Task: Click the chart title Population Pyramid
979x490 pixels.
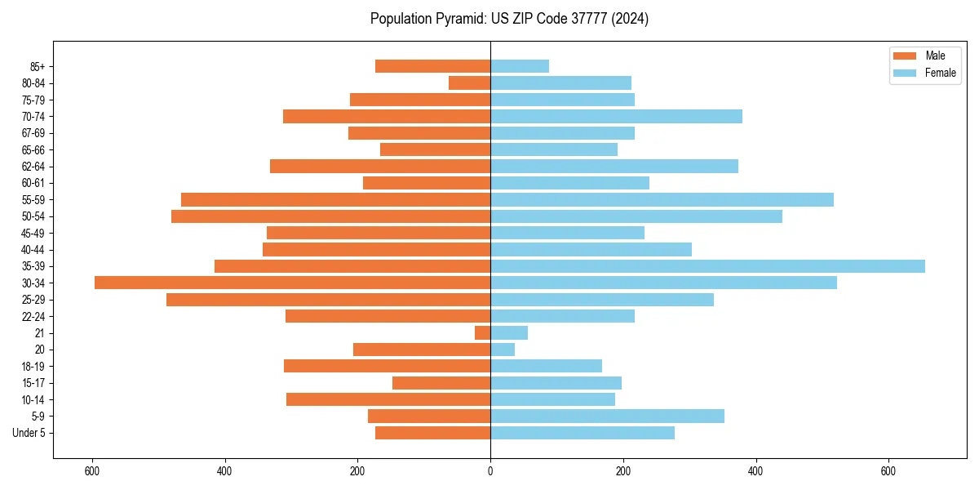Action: (509, 19)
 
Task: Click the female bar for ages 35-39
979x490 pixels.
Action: (707, 266)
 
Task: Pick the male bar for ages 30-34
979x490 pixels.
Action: (292, 283)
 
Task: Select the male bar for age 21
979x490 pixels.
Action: (482, 332)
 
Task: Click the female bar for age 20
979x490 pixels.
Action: (503, 350)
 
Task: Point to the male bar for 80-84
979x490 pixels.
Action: (469, 82)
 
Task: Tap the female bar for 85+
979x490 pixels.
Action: (520, 66)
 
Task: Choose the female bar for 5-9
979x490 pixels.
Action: (607, 416)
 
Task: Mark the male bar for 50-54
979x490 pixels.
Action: (330, 216)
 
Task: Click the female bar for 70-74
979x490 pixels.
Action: (616, 116)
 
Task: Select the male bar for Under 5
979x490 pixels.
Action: (432, 433)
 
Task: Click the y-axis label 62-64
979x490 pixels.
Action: (33, 167)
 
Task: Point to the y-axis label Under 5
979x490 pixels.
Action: (29, 433)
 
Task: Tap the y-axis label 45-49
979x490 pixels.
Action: (33, 233)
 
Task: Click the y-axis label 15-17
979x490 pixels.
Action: (33, 383)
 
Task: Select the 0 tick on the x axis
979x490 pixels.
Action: (490, 471)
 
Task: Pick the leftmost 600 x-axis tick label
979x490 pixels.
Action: (92, 471)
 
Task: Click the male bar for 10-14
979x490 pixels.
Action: (388, 399)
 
